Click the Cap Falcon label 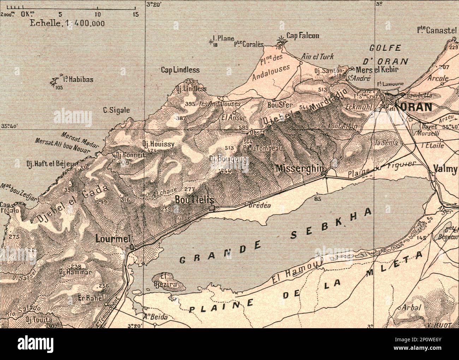tap(303, 36)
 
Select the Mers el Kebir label tap(377, 70)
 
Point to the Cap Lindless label tap(180, 70)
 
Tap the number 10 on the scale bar tap(97, 14)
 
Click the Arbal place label tap(412, 307)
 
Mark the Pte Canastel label tap(436, 30)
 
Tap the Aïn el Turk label tap(317, 56)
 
